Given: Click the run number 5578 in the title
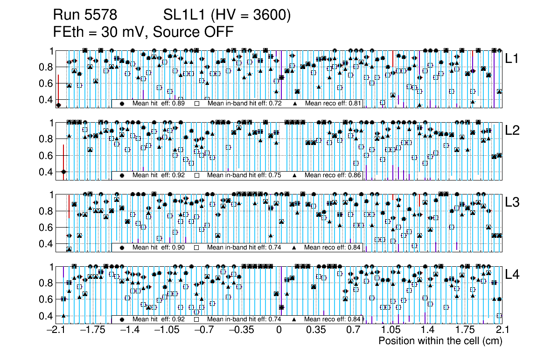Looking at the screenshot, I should click(102, 15).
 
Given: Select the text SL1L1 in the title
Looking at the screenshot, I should click(184, 15).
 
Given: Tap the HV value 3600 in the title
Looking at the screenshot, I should click(271, 15).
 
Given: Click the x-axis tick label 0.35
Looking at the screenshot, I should click(316, 331).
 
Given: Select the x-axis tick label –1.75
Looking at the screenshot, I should click(92, 331).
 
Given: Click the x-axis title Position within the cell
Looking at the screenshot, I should click(440, 341).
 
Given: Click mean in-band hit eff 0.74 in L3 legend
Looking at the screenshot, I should click(275, 247).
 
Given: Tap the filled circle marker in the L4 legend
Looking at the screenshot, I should click(123, 319).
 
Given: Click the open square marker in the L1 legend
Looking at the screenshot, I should click(197, 103).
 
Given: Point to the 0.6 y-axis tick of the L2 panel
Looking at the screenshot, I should click(47, 155).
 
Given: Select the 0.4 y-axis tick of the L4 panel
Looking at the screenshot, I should click(47, 316).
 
